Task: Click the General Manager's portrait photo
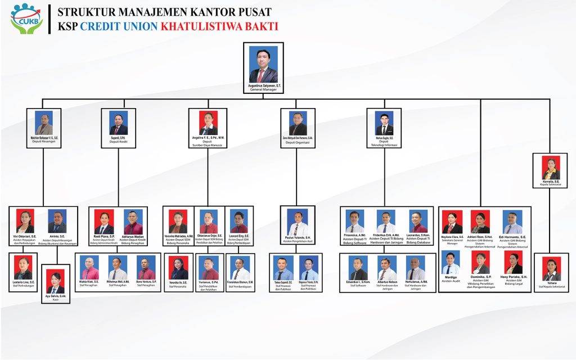point(263,64)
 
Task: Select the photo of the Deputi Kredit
point(118,122)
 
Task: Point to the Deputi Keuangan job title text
point(44,141)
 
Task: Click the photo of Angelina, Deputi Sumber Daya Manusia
point(208,123)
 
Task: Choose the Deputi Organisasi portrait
point(298,123)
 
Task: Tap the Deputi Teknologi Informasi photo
point(384,123)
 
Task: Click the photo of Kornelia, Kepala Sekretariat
point(551,168)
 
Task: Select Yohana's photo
point(551,268)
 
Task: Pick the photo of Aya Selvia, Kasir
point(56,281)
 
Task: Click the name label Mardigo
point(451,277)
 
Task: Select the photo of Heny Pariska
point(512,262)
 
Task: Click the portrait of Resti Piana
point(105,222)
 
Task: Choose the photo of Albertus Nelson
point(387,268)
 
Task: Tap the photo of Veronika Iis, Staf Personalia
point(178,268)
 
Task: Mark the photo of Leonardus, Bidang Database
point(418,222)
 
